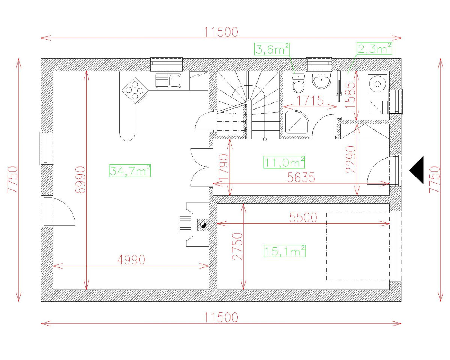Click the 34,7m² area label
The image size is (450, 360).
[x=130, y=171]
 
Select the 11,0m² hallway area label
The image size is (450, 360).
[x=284, y=162]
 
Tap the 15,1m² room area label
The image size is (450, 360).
[x=284, y=251]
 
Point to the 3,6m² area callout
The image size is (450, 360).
[x=272, y=49]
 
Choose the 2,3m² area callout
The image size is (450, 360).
[x=374, y=48]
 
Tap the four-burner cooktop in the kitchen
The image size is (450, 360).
[x=134, y=90]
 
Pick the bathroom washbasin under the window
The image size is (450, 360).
[x=322, y=80]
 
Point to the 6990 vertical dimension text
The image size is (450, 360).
[x=81, y=180]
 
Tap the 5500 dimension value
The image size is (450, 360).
[x=303, y=217]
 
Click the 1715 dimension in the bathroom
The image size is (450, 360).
[x=310, y=100]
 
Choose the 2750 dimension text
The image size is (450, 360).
[x=237, y=246]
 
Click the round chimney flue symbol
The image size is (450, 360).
[x=203, y=225]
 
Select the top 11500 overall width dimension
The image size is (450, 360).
[x=221, y=32]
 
